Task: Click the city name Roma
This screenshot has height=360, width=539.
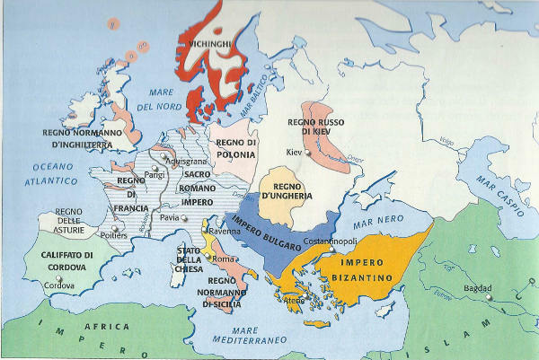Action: [225, 259]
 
